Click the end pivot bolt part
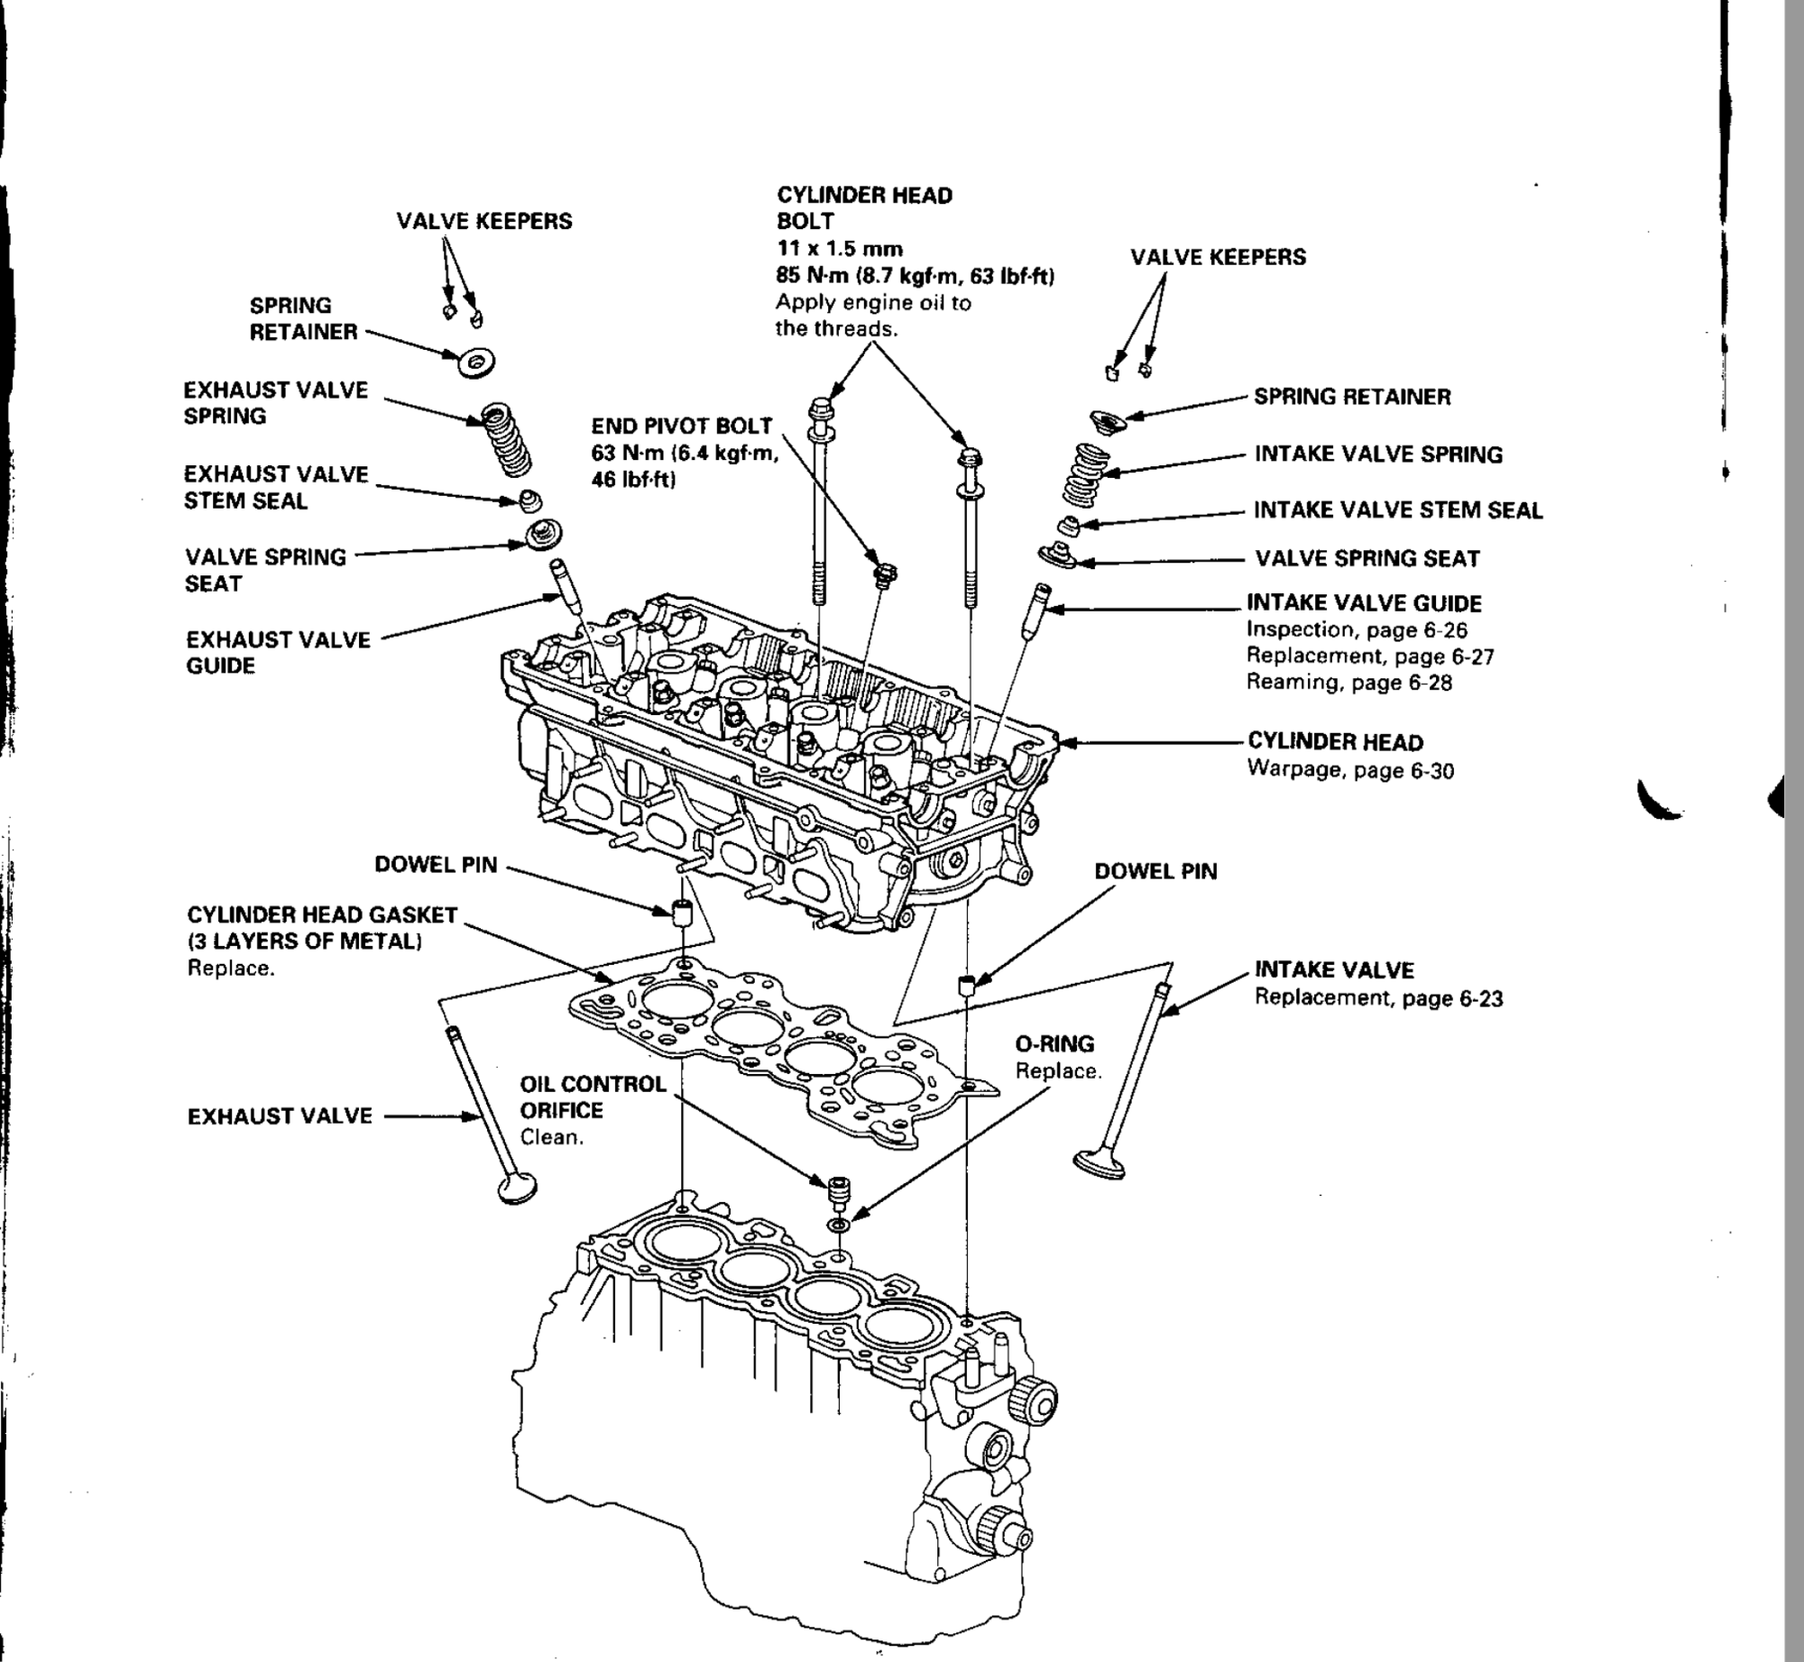[885, 575]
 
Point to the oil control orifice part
[839, 1192]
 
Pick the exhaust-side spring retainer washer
[476, 363]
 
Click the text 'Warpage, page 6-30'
[1350, 771]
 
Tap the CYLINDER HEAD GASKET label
[322, 915]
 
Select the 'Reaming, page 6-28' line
[1348, 683]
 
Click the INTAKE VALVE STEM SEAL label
[1398, 510]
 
